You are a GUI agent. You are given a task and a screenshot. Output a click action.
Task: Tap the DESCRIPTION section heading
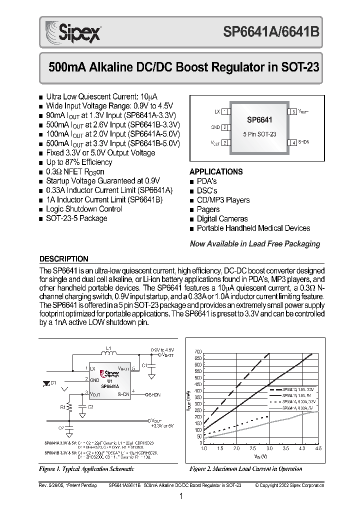pyautogui.click(x=63, y=259)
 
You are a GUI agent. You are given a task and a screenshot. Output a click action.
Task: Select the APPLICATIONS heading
pyautogui.click(x=216, y=171)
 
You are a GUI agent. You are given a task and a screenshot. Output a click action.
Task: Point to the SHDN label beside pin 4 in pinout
pyautogui.click(x=303, y=142)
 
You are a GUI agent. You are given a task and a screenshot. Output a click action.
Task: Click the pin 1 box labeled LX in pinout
pyautogui.click(x=225, y=111)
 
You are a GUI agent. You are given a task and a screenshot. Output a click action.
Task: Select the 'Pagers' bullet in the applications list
pyautogui.click(x=208, y=209)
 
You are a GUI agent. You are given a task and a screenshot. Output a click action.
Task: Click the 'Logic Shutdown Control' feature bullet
pyautogui.click(x=83, y=209)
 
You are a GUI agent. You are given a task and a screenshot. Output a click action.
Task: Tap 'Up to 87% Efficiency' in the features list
pyautogui.click(x=79, y=162)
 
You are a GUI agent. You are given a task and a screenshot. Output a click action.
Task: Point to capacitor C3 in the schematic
pyautogui.click(x=83, y=407)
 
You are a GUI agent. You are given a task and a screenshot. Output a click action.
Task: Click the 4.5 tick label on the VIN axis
pyautogui.click(x=318, y=448)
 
